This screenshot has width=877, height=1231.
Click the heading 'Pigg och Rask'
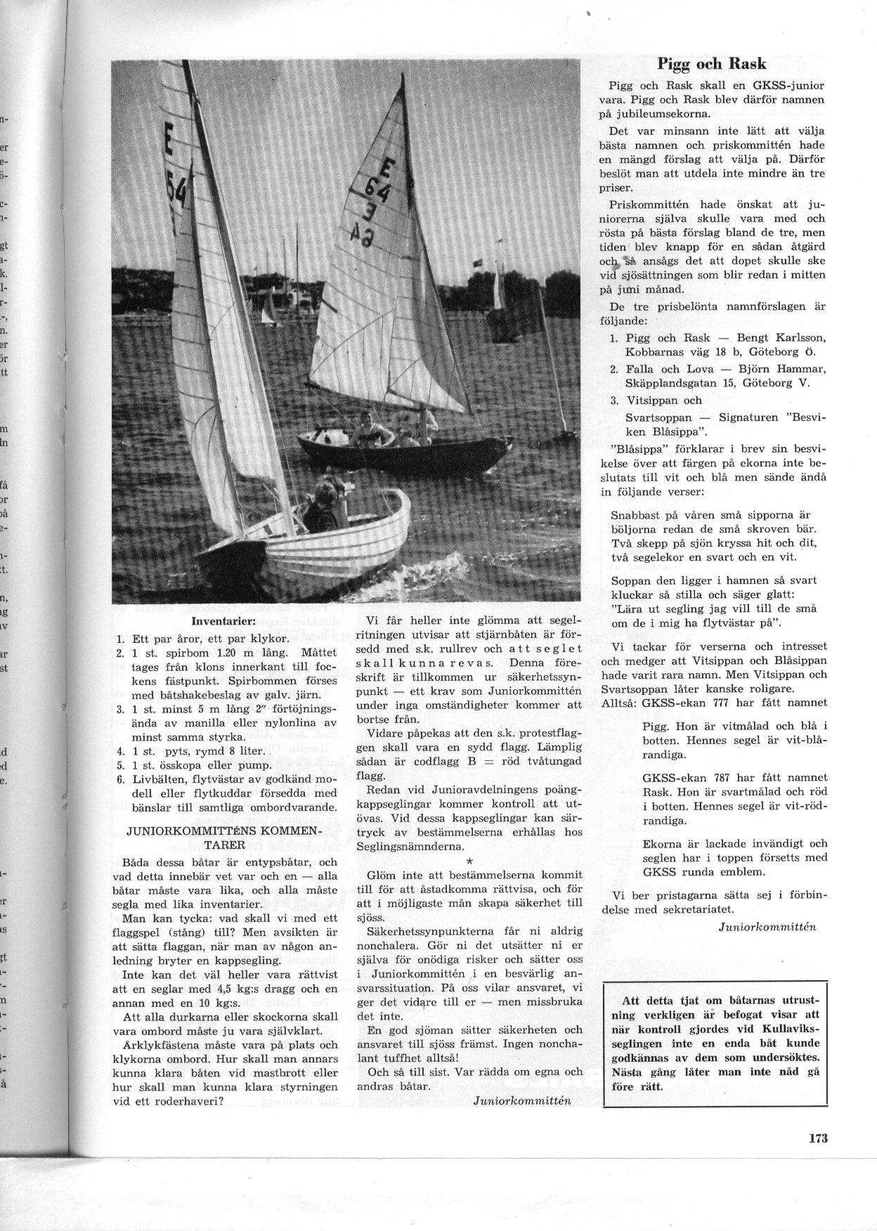tap(712, 64)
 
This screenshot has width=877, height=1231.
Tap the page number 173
tap(818, 1138)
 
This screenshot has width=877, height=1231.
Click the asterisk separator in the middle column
tap(469, 860)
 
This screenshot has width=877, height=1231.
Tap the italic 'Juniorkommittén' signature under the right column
tap(767, 926)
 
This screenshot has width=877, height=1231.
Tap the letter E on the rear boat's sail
tap(387, 171)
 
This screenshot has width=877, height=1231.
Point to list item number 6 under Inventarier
tap(120, 780)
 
